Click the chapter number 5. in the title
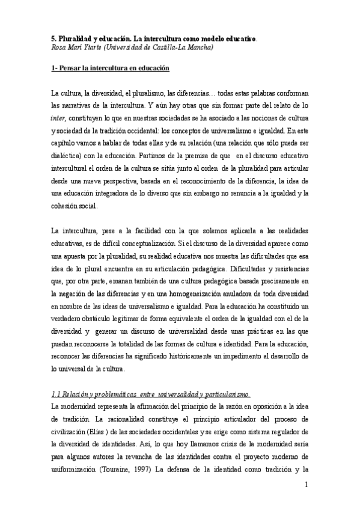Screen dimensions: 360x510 tap(53, 37)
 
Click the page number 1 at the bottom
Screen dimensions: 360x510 tap(306, 485)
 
